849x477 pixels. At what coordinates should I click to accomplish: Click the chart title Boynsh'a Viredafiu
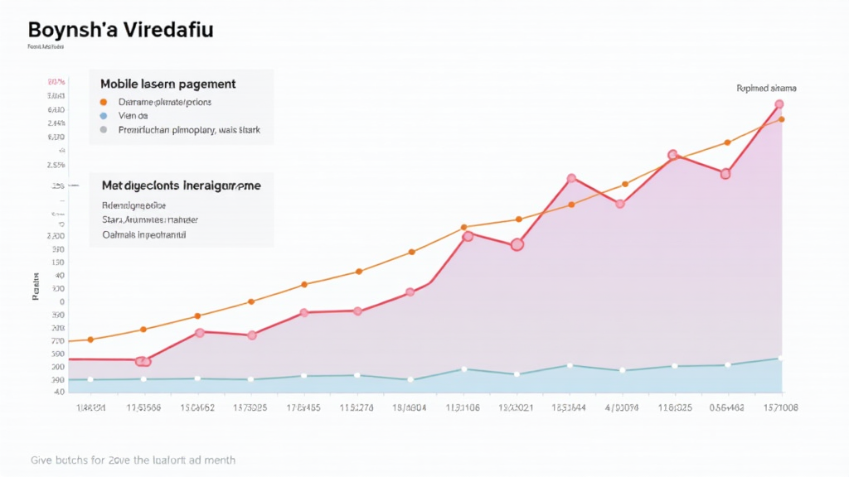point(120,30)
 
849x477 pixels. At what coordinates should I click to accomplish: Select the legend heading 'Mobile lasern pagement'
point(167,84)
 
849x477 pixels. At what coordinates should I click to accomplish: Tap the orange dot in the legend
point(103,102)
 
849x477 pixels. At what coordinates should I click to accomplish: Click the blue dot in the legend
point(103,116)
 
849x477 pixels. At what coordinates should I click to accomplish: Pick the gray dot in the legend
point(103,130)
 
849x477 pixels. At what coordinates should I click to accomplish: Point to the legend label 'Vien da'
point(133,116)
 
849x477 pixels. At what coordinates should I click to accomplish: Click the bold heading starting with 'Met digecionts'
point(181,186)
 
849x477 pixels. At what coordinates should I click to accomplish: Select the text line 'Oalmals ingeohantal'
point(143,235)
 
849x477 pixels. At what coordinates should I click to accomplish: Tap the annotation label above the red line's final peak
point(766,88)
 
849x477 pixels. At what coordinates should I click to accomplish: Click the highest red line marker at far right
point(779,104)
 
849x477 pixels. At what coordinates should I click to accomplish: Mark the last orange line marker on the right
point(781,119)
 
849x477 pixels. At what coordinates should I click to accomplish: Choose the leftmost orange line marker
point(90,340)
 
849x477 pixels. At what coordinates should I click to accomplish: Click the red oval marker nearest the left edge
point(143,361)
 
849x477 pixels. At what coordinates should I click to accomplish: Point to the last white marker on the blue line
point(780,358)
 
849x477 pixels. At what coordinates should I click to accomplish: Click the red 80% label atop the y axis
point(56,82)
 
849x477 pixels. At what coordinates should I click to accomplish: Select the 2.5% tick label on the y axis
point(56,165)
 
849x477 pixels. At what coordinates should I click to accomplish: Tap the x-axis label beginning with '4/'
point(622,407)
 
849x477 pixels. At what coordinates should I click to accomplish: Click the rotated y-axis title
point(36,286)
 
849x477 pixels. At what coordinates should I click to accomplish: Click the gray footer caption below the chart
point(133,460)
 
